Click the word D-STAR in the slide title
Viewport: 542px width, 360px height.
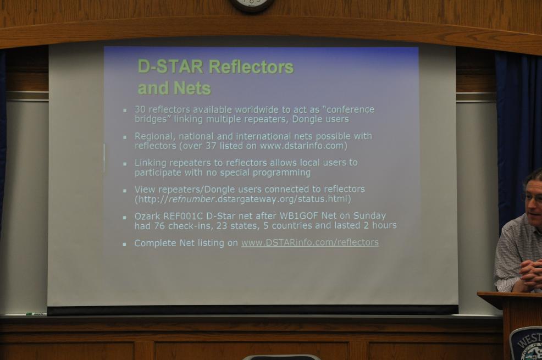[x=170, y=67]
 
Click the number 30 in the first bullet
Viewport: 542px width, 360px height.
[x=140, y=109]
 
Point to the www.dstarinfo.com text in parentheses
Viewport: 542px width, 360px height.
[x=302, y=146]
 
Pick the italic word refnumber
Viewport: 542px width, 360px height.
[x=191, y=199]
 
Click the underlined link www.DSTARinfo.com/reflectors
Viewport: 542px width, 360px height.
[x=309, y=242]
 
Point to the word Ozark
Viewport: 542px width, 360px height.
[x=147, y=217]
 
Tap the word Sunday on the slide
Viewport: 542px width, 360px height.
[x=369, y=217]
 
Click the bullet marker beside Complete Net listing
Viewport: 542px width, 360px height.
[x=125, y=244]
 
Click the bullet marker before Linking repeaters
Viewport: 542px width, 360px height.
[x=125, y=164]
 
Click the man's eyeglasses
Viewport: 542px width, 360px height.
[x=533, y=198]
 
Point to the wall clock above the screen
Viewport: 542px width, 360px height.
[x=252, y=5]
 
